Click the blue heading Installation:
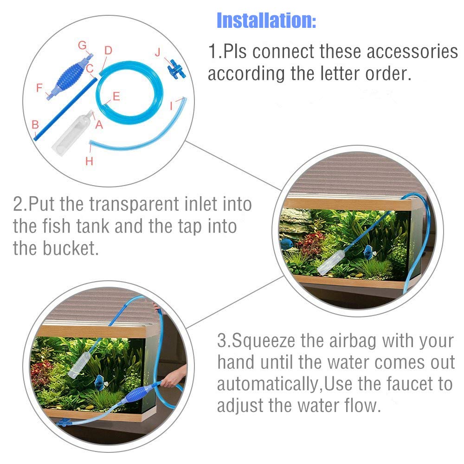(266, 20)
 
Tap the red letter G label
(82, 45)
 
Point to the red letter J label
(158, 52)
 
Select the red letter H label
(89, 161)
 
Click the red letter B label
(35, 124)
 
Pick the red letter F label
(39, 87)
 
